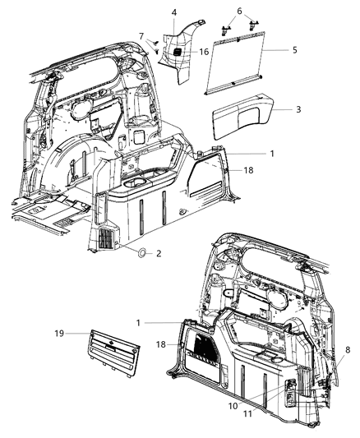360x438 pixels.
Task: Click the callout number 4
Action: (174, 12)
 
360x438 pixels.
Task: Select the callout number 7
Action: (141, 35)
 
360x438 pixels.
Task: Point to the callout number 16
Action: (204, 52)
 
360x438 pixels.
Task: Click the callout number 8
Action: (348, 349)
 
